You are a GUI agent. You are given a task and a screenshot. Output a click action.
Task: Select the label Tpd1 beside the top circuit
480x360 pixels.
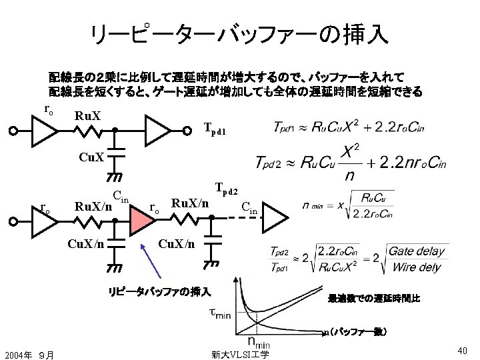[x=215, y=131]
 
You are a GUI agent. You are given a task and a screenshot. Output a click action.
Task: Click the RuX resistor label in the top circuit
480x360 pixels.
[x=87, y=116]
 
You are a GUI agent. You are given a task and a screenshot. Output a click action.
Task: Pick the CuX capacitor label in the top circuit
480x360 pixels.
[x=91, y=158]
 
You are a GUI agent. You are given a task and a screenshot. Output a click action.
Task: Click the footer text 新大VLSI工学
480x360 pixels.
[x=239, y=354]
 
